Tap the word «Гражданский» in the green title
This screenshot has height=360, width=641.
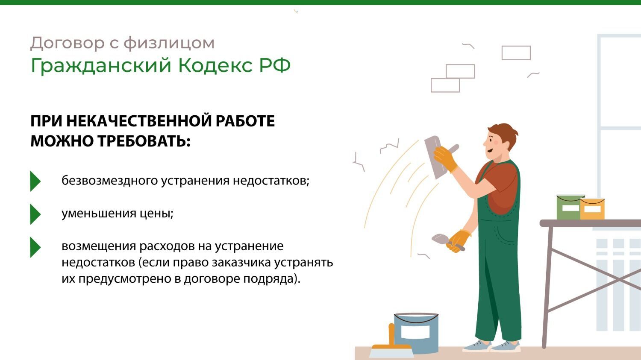pyautogui.click(x=101, y=66)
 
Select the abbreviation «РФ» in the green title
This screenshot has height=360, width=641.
pyautogui.click(x=275, y=65)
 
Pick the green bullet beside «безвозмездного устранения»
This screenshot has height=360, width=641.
pyautogui.click(x=35, y=181)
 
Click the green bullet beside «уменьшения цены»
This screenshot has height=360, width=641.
pyautogui.click(x=35, y=214)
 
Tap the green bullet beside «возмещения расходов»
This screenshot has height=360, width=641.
pyautogui.click(x=35, y=247)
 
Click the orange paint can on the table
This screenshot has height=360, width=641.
pyautogui.click(x=592, y=208)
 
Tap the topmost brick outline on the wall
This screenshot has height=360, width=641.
pyautogui.click(x=516, y=53)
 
